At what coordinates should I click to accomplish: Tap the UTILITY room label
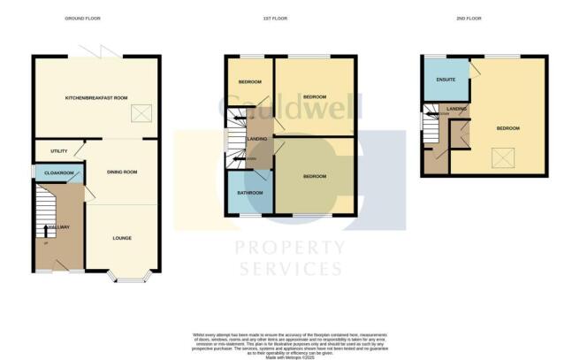click(59, 151)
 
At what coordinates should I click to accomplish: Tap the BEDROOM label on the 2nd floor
click(507, 129)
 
